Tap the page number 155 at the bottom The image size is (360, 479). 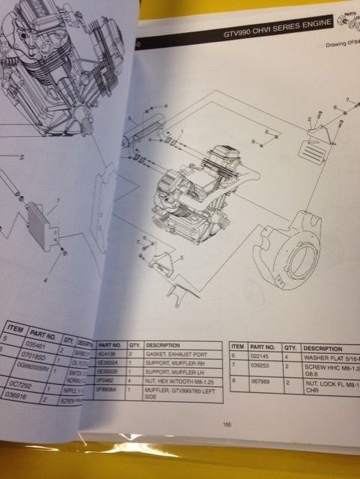[x=227, y=425]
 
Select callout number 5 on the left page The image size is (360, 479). [x=21, y=157]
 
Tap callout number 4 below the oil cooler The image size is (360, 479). [x=45, y=280]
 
